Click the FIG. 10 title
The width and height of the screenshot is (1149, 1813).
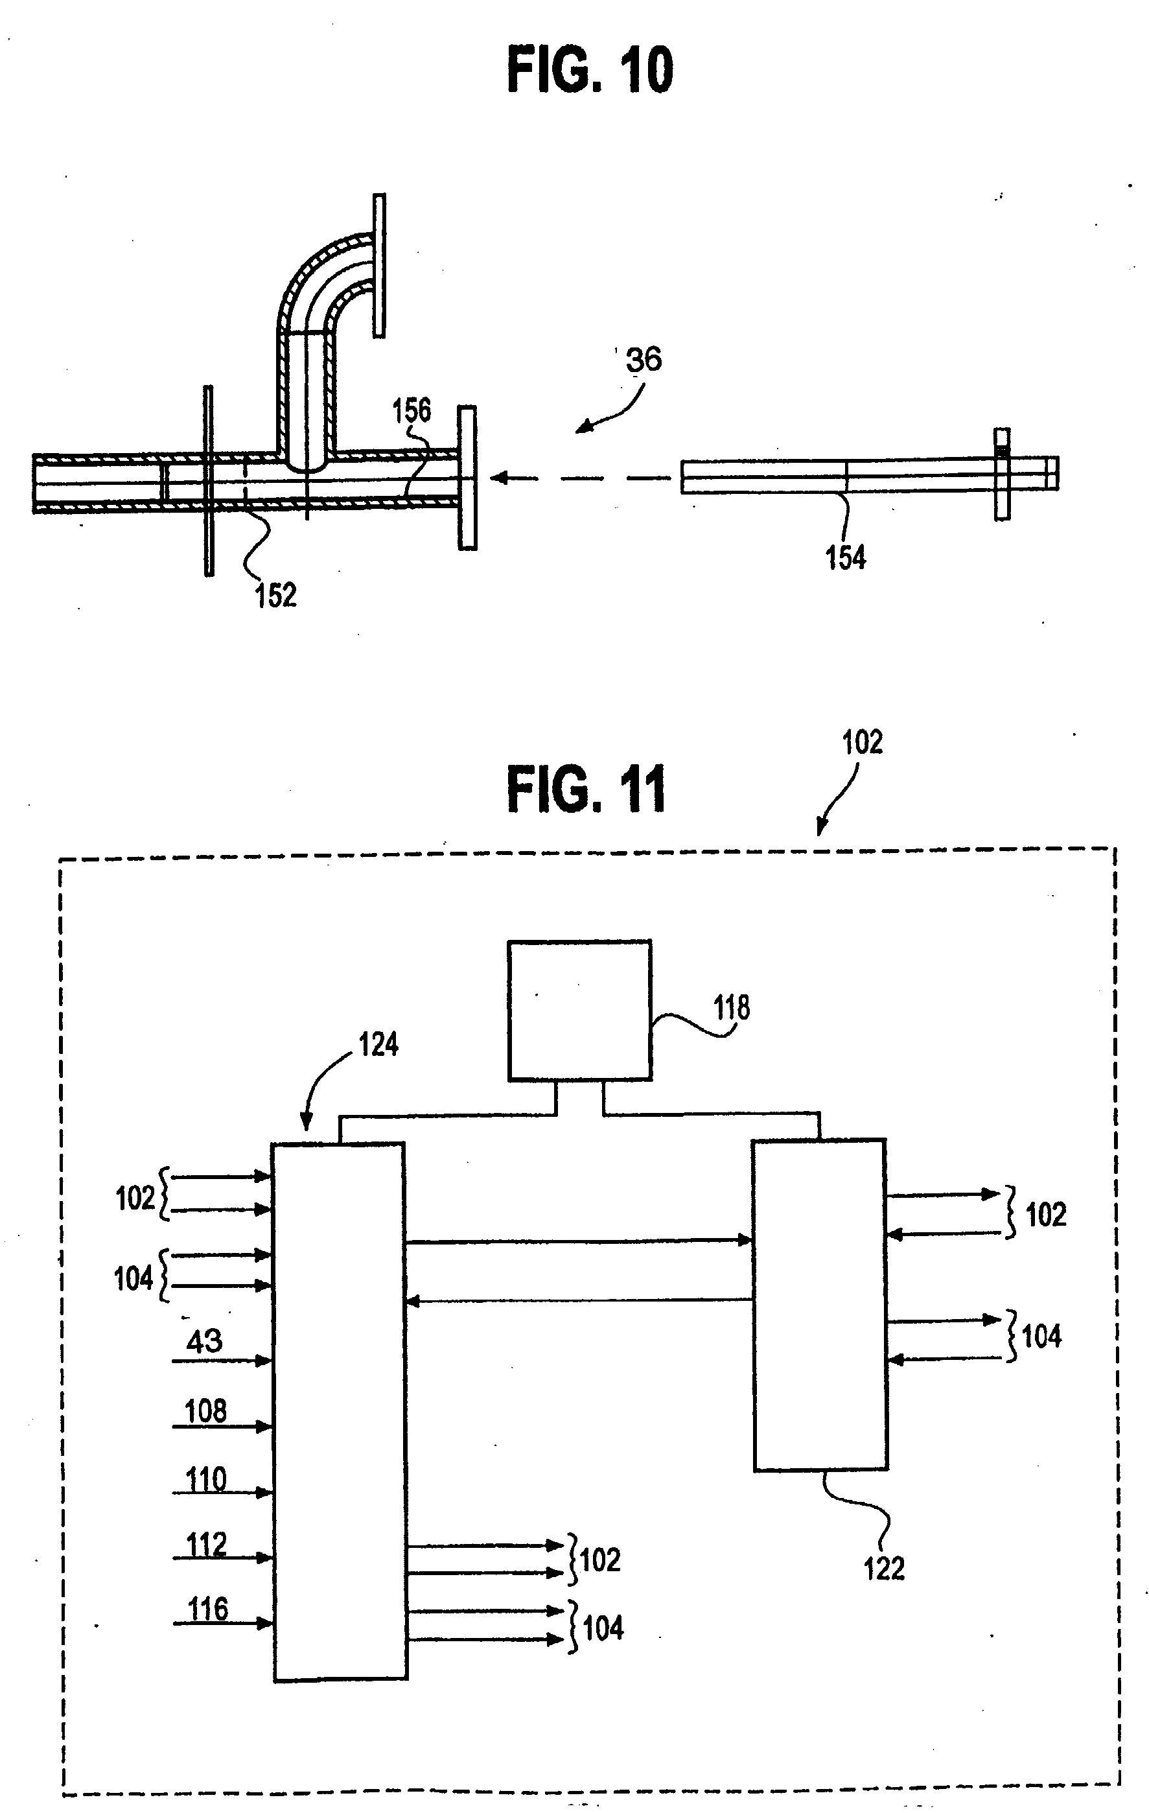tap(590, 69)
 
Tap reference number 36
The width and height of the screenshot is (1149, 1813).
tap(644, 359)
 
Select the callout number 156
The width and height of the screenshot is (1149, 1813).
tap(411, 410)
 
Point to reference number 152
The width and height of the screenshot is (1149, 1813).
tap(275, 595)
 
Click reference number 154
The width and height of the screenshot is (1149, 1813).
tap(846, 557)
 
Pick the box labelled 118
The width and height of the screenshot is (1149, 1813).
tap(580, 1011)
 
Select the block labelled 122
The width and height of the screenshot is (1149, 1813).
tap(820, 1305)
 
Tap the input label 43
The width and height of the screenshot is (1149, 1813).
tap(204, 1341)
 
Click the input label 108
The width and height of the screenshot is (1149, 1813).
tap(205, 1411)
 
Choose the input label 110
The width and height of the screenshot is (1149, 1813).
tap(205, 1479)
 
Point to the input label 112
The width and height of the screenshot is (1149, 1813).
tap(206, 1544)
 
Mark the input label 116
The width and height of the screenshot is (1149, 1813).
tap(208, 1609)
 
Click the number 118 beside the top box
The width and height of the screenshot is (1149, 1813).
tap(731, 1007)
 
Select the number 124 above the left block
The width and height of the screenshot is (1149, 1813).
tap(378, 1044)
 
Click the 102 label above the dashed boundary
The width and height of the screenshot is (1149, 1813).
tap(862, 742)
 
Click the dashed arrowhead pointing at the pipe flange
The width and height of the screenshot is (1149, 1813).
tap(498, 477)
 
